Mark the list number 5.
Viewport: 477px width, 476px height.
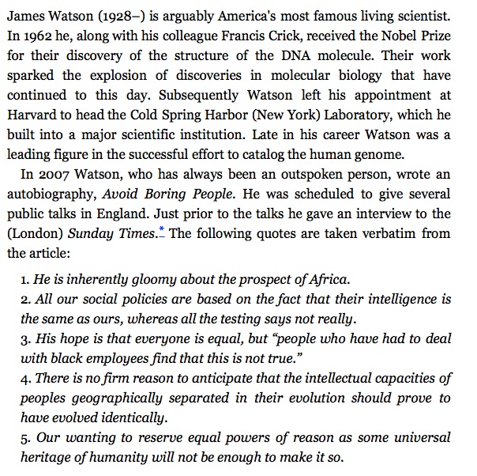pyautogui.click(x=24, y=437)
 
